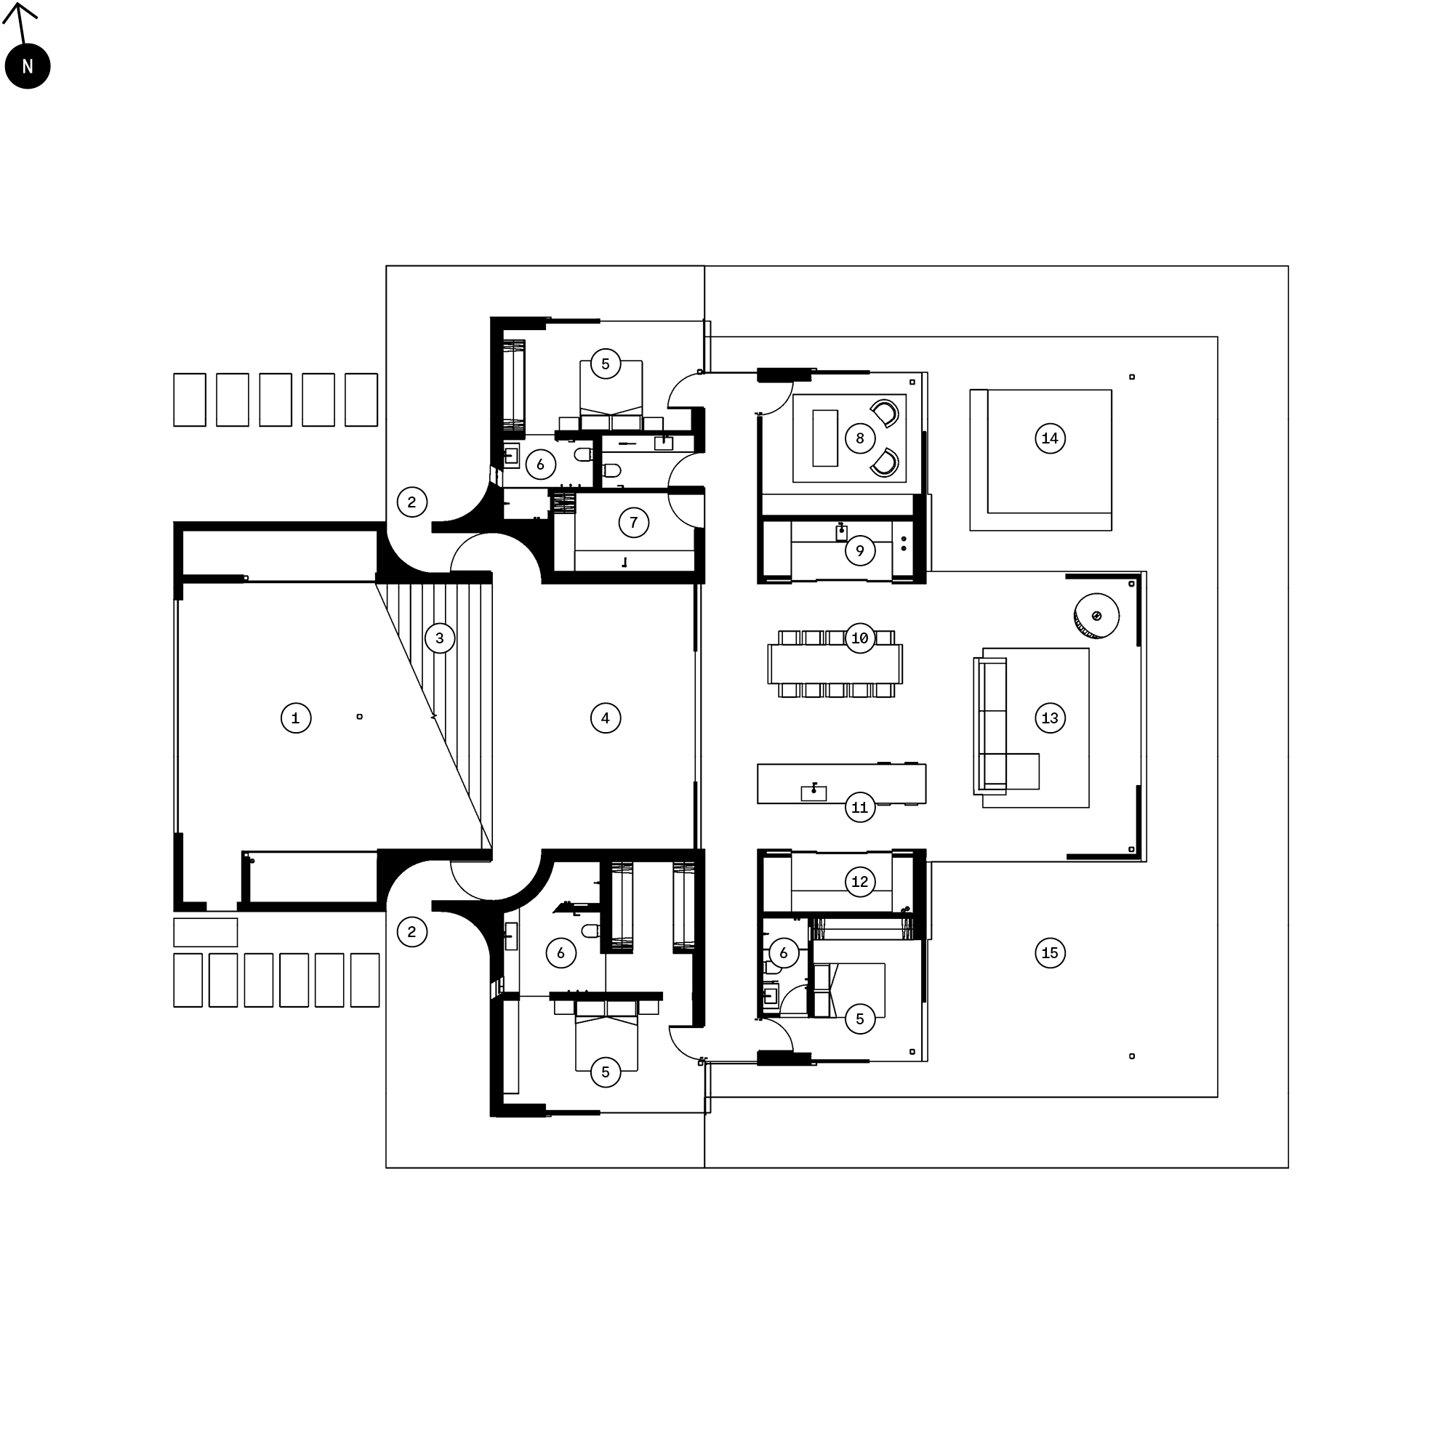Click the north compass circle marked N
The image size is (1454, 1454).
(x=27, y=66)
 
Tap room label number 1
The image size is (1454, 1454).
(x=296, y=718)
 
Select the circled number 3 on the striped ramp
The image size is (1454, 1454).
(x=440, y=638)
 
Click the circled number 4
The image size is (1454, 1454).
(x=605, y=718)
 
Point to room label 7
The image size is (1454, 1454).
(x=634, y=522)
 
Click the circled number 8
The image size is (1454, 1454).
(x=859, y=438)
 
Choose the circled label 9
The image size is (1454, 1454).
(x=859, y=551)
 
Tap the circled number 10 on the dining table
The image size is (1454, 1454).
(x=859, y=638)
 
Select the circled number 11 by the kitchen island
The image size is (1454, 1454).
(x=859, y=808)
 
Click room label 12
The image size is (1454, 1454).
(x=859, y=881)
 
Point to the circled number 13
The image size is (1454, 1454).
(x=1050, y=718)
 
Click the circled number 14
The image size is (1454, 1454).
(x=1050, y=438)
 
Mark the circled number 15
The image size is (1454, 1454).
(x=1050, y=953)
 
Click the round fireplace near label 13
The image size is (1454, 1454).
(x=1096, y=616)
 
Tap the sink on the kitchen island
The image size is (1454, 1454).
(x=814, y=793)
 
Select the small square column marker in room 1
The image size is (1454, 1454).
(x=360, y=717)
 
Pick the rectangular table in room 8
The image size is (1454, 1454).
(x=825, y=438)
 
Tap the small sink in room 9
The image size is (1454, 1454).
(x=841, y=533)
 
